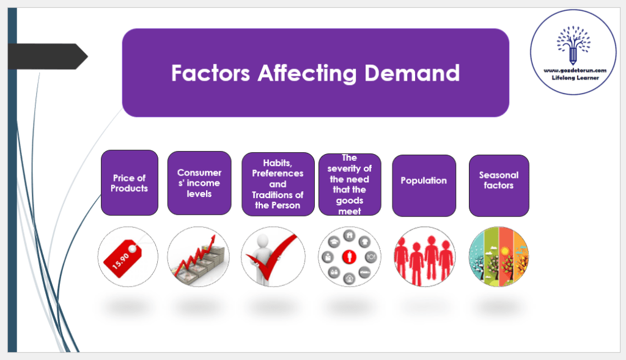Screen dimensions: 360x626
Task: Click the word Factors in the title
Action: (210, 73)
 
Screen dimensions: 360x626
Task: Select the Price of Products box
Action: (129, 183)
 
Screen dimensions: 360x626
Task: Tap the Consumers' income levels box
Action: (199, 183)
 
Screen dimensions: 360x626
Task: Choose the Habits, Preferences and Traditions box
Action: (278, 184)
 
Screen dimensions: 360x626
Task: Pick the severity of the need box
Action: (350, 184)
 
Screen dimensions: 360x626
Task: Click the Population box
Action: (424, 185)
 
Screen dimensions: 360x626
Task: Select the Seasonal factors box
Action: (498, 185)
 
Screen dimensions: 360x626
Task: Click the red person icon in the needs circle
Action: (349, 256)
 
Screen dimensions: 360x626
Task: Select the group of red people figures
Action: (424, 257)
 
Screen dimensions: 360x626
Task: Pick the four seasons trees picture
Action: (498, 257)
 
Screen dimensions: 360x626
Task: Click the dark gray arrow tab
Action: (51, 57)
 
